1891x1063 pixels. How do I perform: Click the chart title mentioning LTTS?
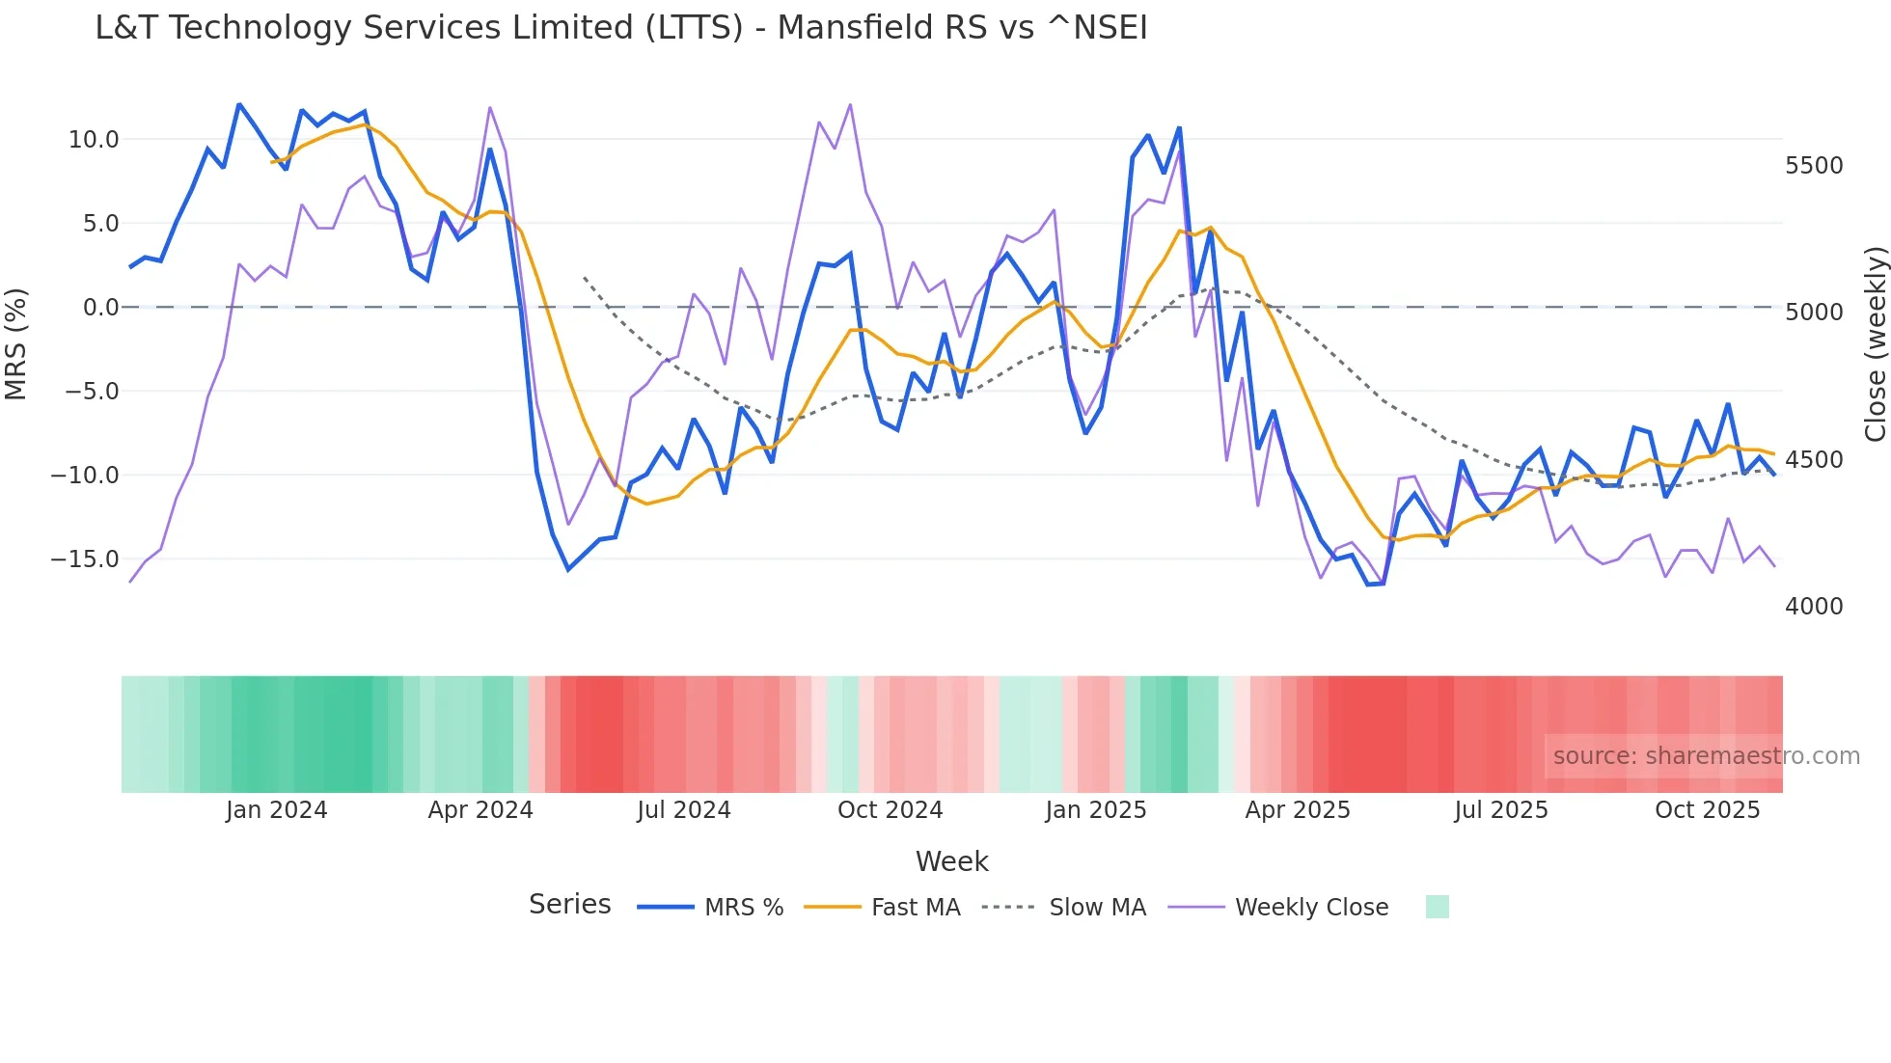point(621,28)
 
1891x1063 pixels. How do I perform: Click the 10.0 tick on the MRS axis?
point(94,140)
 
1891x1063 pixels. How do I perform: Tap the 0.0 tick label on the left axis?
point(100,308)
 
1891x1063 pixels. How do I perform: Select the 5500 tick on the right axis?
point(1814,166)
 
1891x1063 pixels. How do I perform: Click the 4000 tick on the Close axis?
point(1814,607)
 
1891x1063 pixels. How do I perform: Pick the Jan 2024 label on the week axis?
point(277,810)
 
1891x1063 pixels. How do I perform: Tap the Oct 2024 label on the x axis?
point(890,810)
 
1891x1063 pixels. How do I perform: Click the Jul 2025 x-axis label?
point(1501,810)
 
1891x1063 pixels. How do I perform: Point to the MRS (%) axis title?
point(16,344)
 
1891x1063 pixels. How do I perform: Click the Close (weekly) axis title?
point(1875,344)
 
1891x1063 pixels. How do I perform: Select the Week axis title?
point(951,861)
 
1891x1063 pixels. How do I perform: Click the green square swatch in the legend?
point(1437,907)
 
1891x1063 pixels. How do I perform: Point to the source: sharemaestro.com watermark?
point(1706,756)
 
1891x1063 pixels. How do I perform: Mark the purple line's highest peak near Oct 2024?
point(850,104)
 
